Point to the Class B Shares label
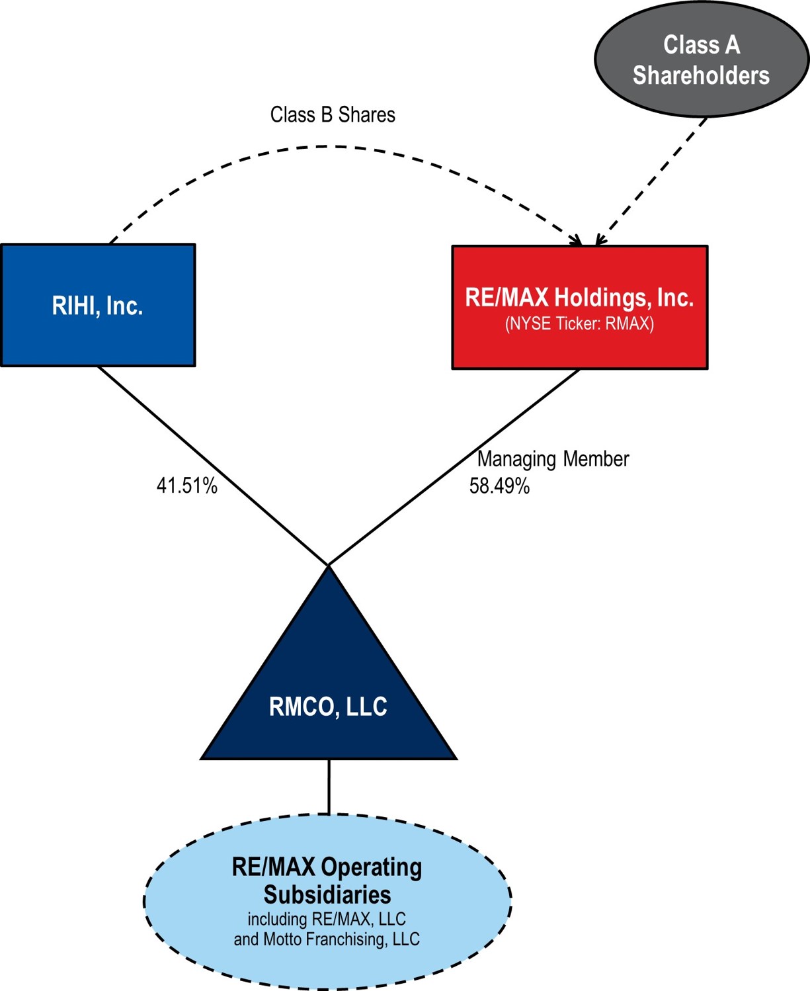coord(333,115)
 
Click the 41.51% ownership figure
coord(186,486)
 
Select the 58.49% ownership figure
coord(499,486)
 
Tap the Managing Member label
coord(553,459)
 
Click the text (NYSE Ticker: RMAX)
coord(579,324)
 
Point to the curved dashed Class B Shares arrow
coord(331,146)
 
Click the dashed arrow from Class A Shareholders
coord(651,182)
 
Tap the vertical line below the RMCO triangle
coord(329,787)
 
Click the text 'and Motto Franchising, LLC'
coord(327,939)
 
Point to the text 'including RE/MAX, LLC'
coord(327,919)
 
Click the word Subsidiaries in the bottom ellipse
coord(327,894)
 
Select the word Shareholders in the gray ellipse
coord(701,75)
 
